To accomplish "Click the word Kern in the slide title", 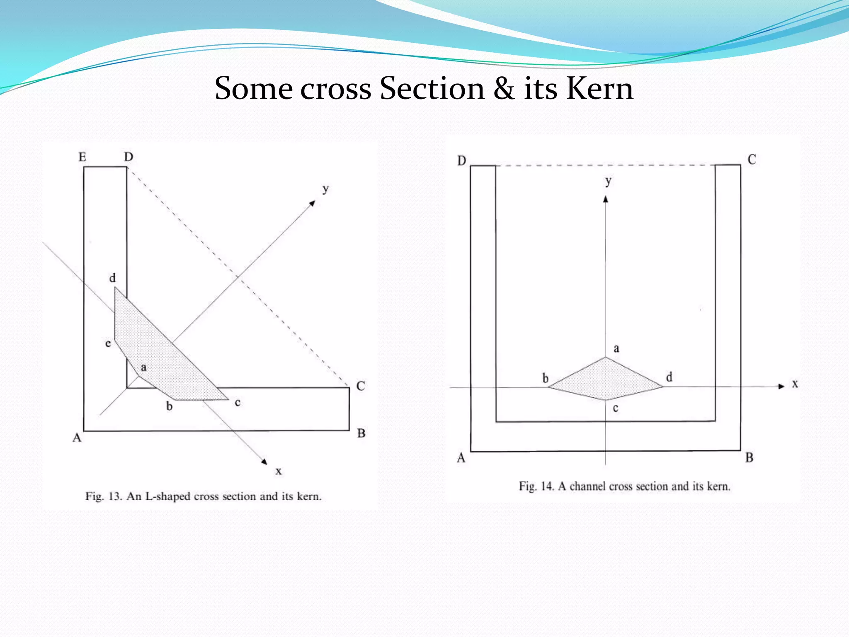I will pyautogui.click(x=599, y=89).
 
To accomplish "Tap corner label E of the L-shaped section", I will pyautogui.click(x=82, y=157).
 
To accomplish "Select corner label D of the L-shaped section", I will pyautogui.click(x=129, y=157).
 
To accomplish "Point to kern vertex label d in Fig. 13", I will pyautogui.click(x=112, y=278).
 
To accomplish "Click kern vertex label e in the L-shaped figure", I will pyautogui.click(x=108, y=343).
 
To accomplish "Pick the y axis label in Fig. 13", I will pyautogui.click(x=326, y=189).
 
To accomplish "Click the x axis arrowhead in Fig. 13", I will pyautogui.click(x=264, y=462).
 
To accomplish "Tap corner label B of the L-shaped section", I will pyautogui.click(x=361, y=433).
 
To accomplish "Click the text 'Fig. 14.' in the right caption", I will pyautogui.click(x=536, y=486).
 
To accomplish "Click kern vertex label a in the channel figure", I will pyautogui.click(x=616, y=348).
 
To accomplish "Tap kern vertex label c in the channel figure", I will pyautogui.click(x=616, y=408).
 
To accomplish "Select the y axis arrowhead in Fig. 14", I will pyautogui.click(x=606, y=199).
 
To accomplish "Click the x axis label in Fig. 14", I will pyautogui.click(x=795, y=384).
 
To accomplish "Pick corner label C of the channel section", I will pyautogui.click(x=752, y=160).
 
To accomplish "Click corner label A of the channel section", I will pyautogui.click(x=461, y=458).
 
